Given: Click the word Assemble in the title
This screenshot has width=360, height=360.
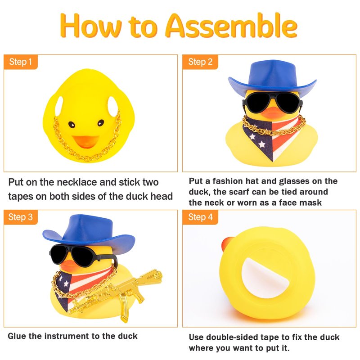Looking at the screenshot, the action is coord(231,26).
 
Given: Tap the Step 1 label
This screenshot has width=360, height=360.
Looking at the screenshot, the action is coord(20,62).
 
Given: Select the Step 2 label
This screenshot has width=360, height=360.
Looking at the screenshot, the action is coord(200,62).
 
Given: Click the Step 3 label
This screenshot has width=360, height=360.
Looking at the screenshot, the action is coord(20,217).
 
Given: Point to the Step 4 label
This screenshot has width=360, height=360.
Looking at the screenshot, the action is coord(200,217).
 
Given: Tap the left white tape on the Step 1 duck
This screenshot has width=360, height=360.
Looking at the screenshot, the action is coord(59,106).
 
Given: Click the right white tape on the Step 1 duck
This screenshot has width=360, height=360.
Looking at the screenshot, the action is coord(113,106).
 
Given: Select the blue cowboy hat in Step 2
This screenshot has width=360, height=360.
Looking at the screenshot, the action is coord(272,78).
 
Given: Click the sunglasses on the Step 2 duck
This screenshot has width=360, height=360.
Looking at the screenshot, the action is coord(273,103).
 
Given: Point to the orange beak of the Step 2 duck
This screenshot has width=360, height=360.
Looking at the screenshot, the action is coord(273,112).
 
